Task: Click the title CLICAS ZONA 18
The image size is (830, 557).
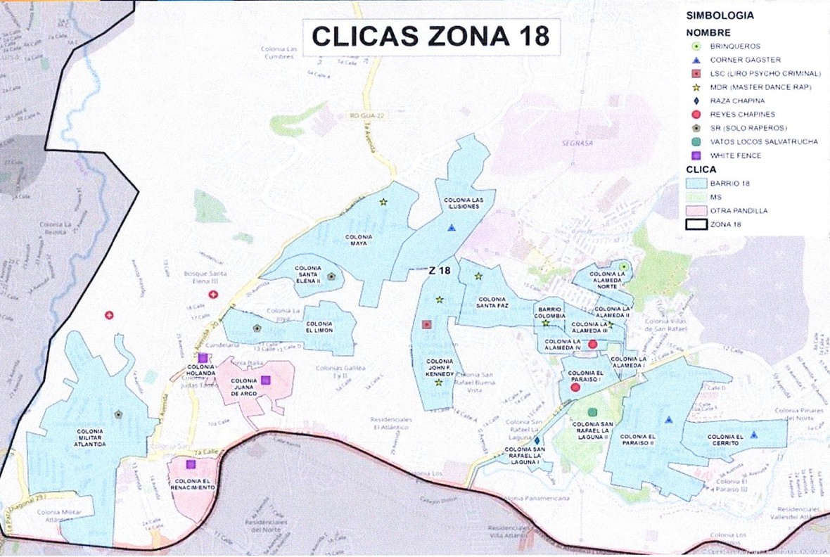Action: [x=430, y=36]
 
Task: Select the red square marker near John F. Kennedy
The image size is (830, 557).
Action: [x=426, y=324]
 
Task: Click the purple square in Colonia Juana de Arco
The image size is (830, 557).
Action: [x=266, y=380]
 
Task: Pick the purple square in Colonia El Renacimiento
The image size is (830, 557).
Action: [x=190, y=464]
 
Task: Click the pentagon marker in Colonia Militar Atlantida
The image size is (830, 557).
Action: [x=118, y=414]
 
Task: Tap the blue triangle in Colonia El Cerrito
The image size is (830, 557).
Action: [x=753, y=435]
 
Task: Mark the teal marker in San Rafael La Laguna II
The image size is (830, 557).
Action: [x=592, y=411]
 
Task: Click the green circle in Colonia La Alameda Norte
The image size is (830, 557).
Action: [x=623, y=266]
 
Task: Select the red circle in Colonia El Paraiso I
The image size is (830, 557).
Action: [x=575, y=388]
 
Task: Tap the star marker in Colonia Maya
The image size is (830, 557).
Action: [x=383, y=202]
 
